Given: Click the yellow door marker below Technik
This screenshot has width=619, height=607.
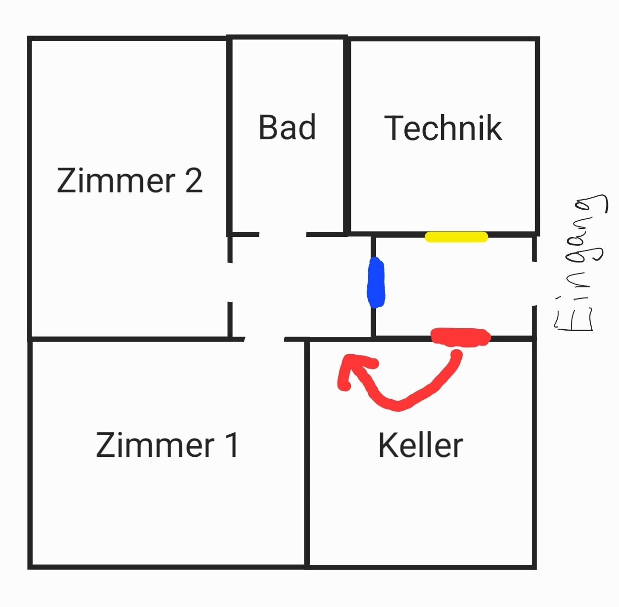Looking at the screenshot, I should click(x=456, y=237).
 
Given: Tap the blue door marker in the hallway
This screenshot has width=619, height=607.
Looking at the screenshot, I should click(x=375, y=283).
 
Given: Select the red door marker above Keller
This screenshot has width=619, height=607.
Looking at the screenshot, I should click(x=461, y=336).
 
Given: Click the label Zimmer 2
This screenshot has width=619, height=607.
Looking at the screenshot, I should click(x=129, y=180).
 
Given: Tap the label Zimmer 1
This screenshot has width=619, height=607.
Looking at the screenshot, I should click(x=167, y=445).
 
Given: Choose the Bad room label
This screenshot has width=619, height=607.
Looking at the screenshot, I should click(x=287, y=128).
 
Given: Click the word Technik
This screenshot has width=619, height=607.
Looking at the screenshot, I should click(x=443, y=128).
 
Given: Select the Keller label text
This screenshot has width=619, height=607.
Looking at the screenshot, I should click(x=420, y=445).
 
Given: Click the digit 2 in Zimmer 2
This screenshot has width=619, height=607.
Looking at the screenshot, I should click(x=193, y=180).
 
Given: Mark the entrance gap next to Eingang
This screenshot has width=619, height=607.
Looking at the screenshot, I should click(x=534, y=284).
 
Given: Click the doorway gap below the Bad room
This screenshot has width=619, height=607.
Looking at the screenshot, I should click(x=282, y=235).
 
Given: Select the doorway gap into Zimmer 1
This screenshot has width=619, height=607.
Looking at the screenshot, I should click(x=264, y=339).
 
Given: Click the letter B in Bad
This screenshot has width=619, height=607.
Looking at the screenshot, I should click(x=269, y=128).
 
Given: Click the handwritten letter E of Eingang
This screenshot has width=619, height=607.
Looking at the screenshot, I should click(x=574, y=321).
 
